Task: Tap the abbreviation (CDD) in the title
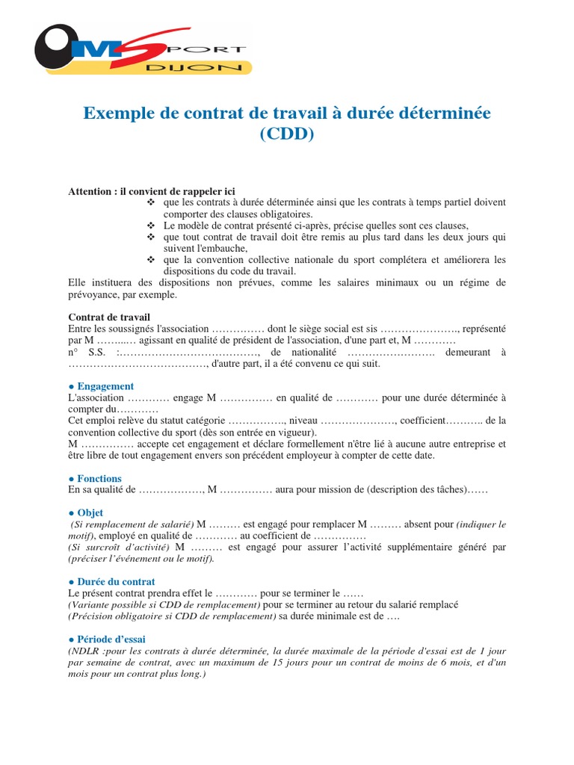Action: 287,135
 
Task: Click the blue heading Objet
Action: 90,513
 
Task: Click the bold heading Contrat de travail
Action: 109,317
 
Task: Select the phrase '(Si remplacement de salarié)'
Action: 132,524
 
